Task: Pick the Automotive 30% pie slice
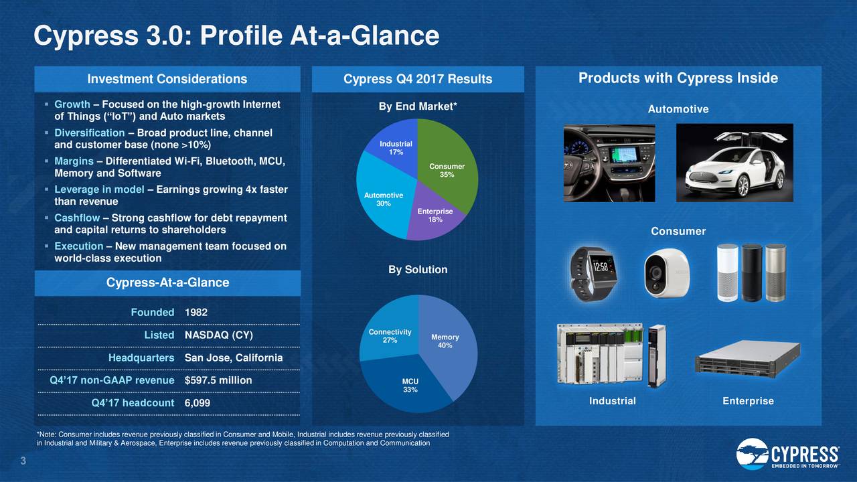tap(382, 199)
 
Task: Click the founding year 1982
tap(196, 312)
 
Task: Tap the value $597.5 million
tap(218, 380)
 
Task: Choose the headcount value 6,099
tap(198, 403)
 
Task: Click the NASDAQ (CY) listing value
tap(218, 335)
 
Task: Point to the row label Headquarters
tap(141, 357)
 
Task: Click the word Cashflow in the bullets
tap(77, 218)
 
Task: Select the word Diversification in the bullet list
tap(90, 133)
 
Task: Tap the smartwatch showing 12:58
tap(593, 274)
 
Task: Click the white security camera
tap(667, 272)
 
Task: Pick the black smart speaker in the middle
tap(752, 272)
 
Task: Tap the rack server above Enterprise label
tap(748, 359)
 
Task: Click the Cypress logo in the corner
tap(788, 454)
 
